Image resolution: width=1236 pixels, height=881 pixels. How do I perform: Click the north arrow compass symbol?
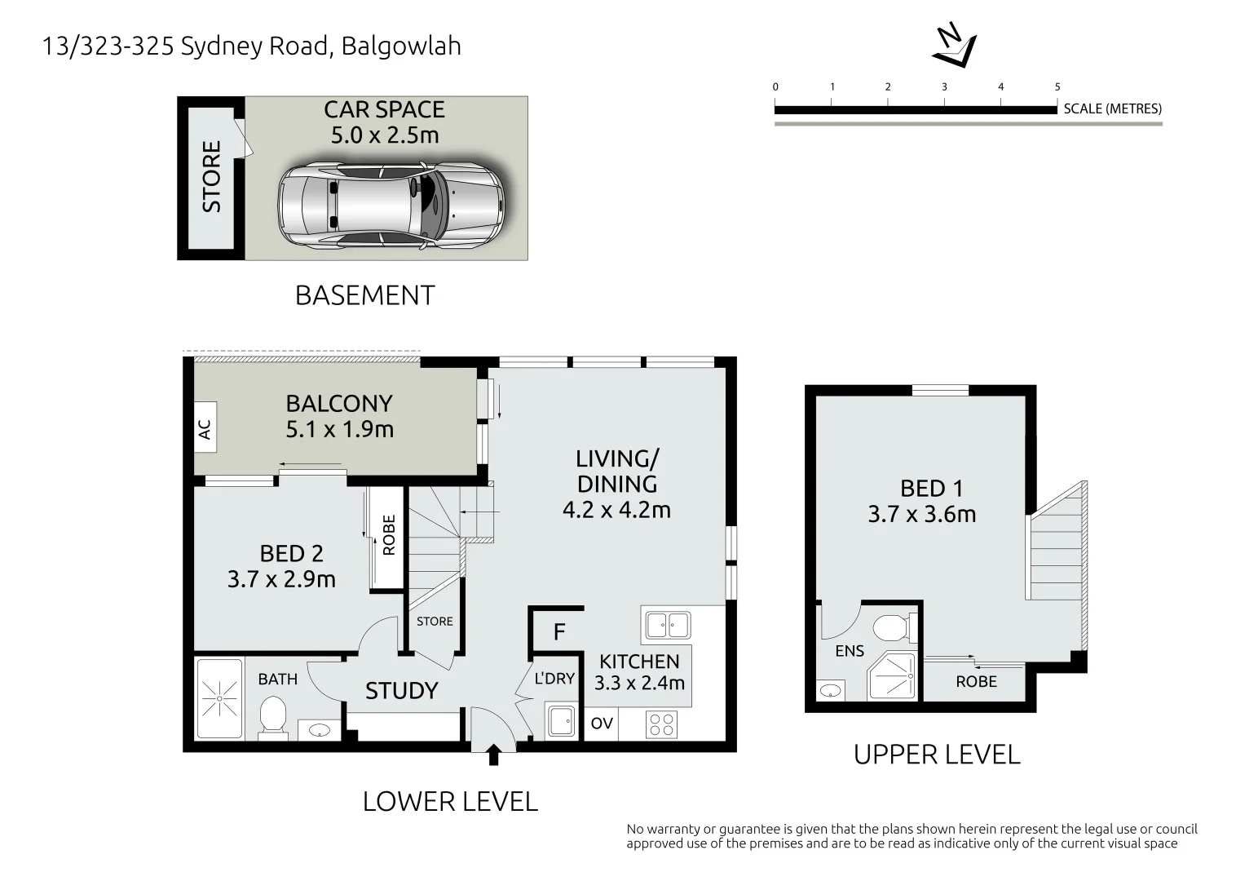[955, 45]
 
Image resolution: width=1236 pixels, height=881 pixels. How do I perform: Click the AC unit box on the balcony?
[205, 427]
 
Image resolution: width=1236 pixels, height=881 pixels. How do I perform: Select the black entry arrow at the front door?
[493, 755]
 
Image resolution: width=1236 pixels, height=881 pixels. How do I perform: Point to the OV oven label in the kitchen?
[602, 723]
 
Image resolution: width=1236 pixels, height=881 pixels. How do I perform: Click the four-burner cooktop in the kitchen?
[661, 724]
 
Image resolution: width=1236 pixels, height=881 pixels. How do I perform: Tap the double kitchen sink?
[668, 626]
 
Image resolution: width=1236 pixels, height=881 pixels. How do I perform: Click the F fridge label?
[559, 631]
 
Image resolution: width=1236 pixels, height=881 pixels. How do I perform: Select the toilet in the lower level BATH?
[272, 716]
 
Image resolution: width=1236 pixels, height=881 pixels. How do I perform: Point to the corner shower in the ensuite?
[890, 676]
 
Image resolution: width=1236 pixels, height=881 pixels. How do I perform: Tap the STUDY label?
[401, 691]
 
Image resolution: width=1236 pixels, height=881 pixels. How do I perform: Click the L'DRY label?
[554, 678]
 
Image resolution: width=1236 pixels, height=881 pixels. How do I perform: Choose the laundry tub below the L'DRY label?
[561, 720]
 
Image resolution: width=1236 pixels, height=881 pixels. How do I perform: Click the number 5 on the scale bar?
[1057, 86]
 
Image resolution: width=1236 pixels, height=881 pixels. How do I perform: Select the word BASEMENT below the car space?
[364, 295]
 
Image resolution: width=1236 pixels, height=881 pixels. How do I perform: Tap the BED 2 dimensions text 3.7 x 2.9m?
[281, 579]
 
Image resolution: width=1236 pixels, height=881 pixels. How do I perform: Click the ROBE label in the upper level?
[976, 682]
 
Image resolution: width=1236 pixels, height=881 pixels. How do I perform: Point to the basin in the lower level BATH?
[319, 731]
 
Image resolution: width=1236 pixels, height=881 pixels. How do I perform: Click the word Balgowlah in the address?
[401, 46]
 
